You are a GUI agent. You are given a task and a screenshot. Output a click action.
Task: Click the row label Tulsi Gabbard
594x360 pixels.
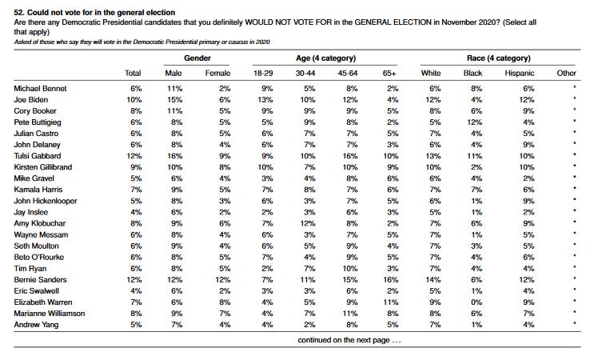pyautogui.click(x=37, y=156)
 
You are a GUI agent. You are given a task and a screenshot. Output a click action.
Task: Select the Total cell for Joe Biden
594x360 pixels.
pyautogui.click(x=134, y=100)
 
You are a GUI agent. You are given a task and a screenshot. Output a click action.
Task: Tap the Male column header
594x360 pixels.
pyautogui.click(x=173, y=73)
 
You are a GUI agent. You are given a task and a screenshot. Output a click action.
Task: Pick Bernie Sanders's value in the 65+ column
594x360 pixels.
pyautogui.click(x=391, y=280)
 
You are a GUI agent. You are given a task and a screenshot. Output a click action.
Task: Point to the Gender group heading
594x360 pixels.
pyautogui.click(x=197, y=58)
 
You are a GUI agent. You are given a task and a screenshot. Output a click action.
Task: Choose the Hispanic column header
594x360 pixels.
pyautogui.click(x=520, y=73)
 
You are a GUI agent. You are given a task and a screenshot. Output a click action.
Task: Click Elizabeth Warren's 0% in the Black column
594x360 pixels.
pyautogui.click(x=476, y=302)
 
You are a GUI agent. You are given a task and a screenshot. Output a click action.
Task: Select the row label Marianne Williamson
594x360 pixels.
pyautogui.click(x=50, y=314)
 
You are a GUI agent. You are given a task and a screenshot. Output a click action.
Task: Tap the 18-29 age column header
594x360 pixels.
pyautogui.click(x=263, y=73)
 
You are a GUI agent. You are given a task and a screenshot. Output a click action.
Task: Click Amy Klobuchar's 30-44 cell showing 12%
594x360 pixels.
pyautogui.click(x=308, y=223)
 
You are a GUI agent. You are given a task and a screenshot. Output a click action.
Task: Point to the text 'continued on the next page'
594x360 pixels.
pyautogui.click(x=344, y=340)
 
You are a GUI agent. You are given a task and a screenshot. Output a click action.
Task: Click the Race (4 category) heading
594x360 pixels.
pyautogui.click(x=499, y=58)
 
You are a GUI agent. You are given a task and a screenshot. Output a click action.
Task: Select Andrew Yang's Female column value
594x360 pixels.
pyautogui.click(x=225, y=324)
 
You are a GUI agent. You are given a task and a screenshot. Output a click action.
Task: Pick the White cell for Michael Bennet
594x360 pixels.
pyautogui.click(x=435, y=88)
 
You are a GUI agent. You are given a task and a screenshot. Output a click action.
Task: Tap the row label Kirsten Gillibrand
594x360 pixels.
pyautogui.click(x=43, y=167)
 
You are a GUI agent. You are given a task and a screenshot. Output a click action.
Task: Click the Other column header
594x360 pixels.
pyautogui.click(x=566, y=73)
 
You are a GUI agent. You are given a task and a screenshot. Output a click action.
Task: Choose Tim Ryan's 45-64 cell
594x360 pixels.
pyautogui.click(x=350, y=268)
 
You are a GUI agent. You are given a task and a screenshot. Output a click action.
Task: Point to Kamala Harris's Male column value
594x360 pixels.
pyautogui.click(x=177, y=190)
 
